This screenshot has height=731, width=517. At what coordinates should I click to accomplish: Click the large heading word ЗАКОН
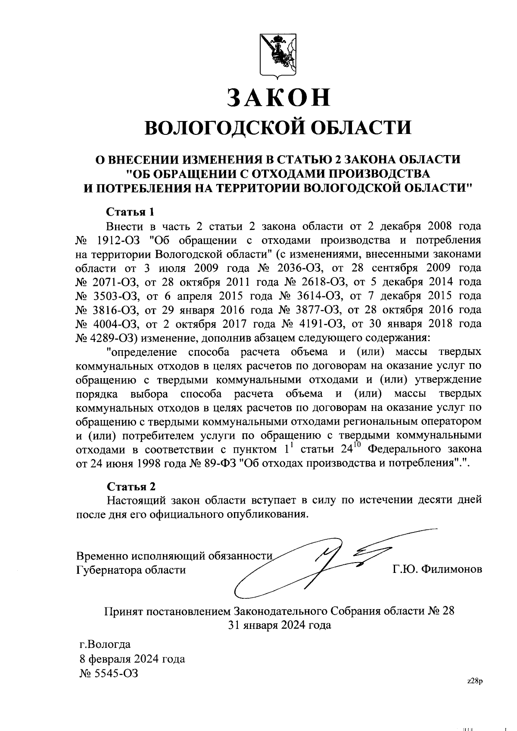279,98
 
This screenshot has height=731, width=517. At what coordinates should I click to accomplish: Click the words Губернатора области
131,570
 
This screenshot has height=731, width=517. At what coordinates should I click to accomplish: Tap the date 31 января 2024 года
280,625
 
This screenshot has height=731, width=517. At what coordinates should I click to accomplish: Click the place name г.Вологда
105,645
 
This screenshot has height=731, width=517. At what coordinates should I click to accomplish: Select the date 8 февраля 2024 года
132,659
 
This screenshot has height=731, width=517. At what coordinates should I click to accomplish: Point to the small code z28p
475,681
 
